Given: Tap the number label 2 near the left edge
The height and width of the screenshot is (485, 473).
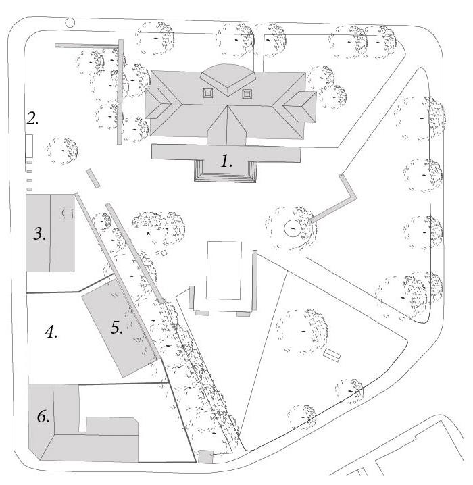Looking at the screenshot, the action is pyautogui.click(x=32, y=120).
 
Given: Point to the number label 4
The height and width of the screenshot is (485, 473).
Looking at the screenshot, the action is pyautogui.click(x=51, y=332).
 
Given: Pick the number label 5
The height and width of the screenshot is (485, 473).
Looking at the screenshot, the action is pyautogui.click(x=116, y=327).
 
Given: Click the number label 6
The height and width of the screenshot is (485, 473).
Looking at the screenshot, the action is pyautogui.click(x=43, y=417).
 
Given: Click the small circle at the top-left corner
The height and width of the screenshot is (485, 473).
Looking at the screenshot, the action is pyautogui.click(x=70, y=22).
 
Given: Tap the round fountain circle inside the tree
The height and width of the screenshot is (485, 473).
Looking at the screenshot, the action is pyautogui.click(x=293, y=229).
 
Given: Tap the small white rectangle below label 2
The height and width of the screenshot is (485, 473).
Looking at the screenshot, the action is pyautogui.click(x=30, y=145).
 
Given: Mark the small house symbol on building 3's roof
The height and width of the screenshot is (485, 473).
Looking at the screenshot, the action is pyautogui.click(x=66, y=213).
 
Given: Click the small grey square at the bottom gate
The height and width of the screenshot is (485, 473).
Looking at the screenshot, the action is pyautogui.click(x=205, y=457).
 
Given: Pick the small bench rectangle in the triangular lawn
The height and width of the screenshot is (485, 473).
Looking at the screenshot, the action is pyautogui.click(x=331, y=356).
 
